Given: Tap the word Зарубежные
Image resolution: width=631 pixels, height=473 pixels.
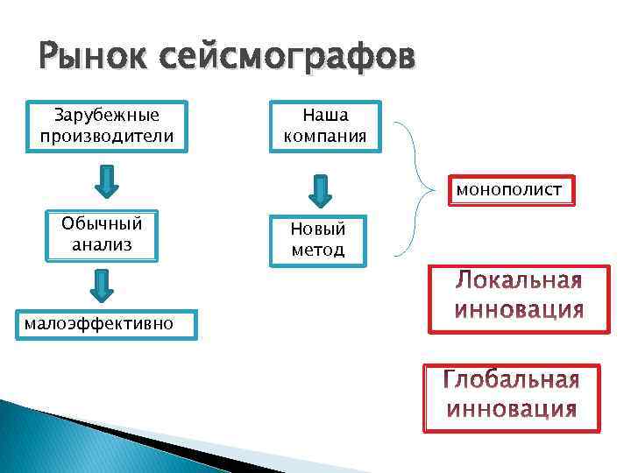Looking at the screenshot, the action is click(107, 115).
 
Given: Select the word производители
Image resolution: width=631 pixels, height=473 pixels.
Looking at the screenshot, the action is click(107, 136).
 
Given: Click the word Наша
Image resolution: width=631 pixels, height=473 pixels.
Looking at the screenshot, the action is click(325, 115).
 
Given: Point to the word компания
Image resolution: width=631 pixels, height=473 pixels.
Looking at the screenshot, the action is click(325, 136).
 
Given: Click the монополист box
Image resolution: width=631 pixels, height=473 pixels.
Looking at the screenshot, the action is click(512, 190).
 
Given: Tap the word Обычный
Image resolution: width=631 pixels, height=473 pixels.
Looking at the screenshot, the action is click(102, 224).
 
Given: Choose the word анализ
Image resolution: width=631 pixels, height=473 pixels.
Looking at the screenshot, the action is click(102, 244).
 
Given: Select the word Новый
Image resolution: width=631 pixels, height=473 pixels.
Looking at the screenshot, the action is click(318, 229).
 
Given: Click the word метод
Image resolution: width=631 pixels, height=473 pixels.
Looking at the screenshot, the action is click(318, 250).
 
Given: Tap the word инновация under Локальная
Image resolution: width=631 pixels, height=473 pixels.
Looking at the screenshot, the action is click(519, 309).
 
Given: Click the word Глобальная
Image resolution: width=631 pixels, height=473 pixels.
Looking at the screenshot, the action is click(512, 381).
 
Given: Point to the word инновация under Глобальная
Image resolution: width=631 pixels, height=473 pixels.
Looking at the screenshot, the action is click(512, 408).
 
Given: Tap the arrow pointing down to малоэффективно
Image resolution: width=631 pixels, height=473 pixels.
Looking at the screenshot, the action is click(103, 285).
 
